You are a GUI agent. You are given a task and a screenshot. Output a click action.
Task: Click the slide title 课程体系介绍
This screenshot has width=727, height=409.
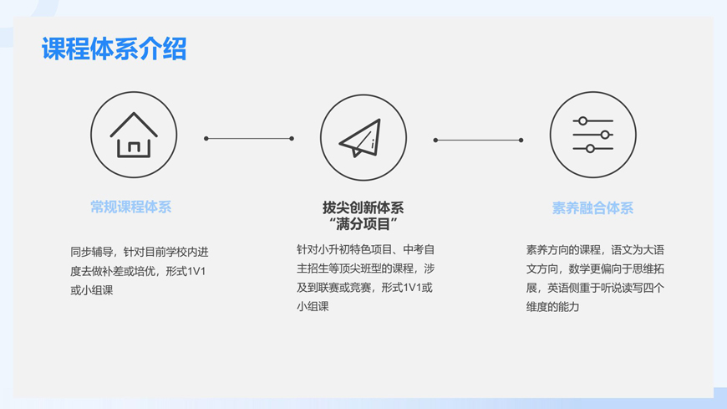[114, 49]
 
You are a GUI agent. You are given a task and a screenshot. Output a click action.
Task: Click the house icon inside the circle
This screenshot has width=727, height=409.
[134, 135]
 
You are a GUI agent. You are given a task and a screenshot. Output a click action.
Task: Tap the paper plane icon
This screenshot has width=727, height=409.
[362, 138]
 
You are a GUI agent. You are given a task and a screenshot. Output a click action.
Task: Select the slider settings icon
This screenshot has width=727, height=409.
[592, 135]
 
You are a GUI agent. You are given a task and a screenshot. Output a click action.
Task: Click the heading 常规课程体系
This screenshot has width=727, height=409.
[131, 207]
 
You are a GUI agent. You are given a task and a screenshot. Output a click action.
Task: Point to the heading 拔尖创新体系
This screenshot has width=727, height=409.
[363, 207]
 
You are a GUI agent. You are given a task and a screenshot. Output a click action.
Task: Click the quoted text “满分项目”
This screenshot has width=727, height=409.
[363, 224]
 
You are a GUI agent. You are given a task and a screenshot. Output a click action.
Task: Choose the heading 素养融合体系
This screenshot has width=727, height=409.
[592, 208]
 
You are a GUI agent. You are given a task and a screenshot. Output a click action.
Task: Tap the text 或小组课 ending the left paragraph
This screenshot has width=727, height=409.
[91, 290]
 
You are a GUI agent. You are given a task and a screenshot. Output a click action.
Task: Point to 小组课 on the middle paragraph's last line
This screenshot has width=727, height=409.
[313, 307]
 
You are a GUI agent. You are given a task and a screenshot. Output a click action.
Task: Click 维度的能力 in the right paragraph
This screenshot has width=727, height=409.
[552, 307]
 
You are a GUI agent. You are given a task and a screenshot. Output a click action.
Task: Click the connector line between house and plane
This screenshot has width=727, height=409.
[249, 139]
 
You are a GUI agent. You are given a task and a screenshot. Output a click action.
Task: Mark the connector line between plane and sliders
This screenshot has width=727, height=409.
[478, 141]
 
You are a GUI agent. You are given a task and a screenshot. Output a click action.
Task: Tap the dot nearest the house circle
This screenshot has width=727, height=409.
[206, 139]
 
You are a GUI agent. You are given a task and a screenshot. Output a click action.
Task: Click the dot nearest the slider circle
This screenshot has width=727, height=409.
[521, 141]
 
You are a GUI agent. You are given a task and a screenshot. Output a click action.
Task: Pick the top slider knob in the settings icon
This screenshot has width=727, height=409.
[583, 121]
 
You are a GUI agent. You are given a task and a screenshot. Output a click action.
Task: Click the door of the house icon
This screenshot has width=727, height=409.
[134, 147]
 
